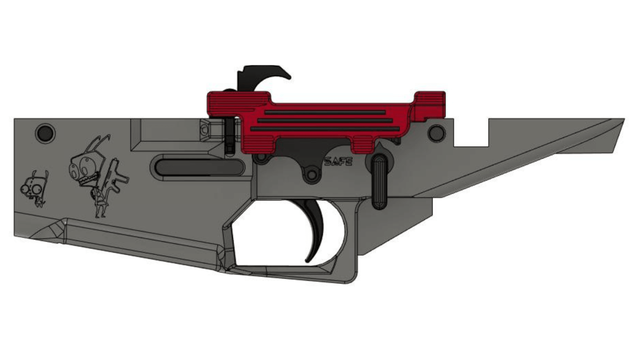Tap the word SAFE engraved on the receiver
click(338, 162)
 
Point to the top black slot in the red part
click(325, 113)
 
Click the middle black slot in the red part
click(325, 121)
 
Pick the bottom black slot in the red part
click(325, 129)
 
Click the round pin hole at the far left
click(45, 134)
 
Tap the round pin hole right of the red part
click(436, 133)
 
